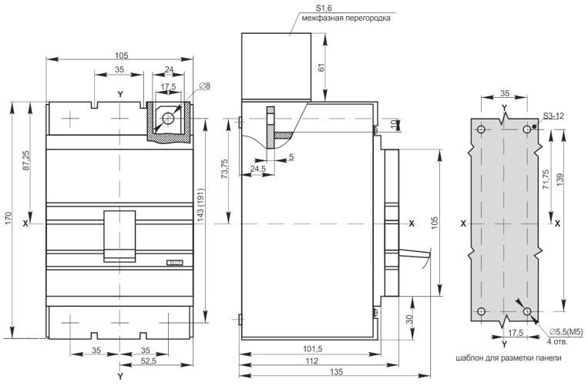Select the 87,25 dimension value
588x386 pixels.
coord(27,161)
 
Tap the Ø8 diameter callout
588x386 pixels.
coord(205,86)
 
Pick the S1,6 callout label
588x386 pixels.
coord(324,8)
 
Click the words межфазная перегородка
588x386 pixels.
coord(346,18)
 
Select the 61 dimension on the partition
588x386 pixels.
coord(321,68)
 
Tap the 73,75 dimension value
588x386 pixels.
coord(224,169)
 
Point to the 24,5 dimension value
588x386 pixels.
coord(258,169)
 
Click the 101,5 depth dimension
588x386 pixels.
coord(312,349)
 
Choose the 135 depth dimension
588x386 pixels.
coord(337,372)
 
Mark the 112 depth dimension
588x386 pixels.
coord(311,361)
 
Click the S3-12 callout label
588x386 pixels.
coord(554,116)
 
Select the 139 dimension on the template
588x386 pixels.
coord(559,180)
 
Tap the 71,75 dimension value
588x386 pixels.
coord(546,180)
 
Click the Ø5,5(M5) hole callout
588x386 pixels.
coord(566,331)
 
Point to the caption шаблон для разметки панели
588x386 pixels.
coord(509,358)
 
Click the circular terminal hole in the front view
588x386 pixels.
coord(168,119)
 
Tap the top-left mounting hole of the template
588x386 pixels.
coord(482,129)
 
